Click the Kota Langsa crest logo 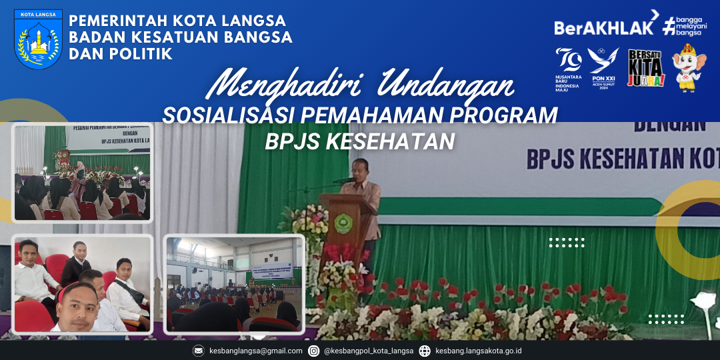click(38, 39)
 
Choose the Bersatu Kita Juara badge click(646, 69)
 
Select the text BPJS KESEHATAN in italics click(360, 141)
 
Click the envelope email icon click(198, 351)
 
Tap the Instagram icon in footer click(313, 351)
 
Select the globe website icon click(425, 351)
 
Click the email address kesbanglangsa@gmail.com click(255, 351)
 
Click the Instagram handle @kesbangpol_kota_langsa click(369, 351)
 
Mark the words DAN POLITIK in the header click(121, 53)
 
